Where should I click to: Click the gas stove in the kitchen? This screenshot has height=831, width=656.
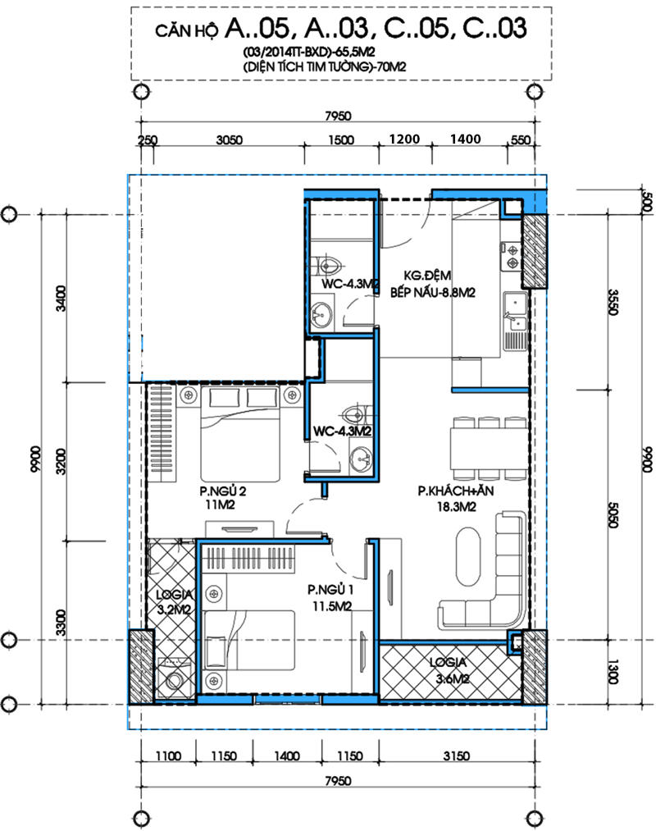coord(512,256)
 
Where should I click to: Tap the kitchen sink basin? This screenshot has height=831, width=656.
coord(514,304)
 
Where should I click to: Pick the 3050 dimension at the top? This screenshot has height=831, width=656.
coord(230,140)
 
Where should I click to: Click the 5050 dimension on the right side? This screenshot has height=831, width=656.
coord(613,514)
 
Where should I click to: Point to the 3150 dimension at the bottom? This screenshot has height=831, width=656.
coord(456,756)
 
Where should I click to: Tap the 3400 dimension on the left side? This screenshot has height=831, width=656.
coord(61,299)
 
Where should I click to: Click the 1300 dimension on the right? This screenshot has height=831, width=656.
coord(613,672)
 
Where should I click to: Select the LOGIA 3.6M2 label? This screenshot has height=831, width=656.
coord(449,670)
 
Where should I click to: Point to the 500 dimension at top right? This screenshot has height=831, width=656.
coord(646,202)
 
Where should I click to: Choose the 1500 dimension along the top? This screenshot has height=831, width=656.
coord(341,140)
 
